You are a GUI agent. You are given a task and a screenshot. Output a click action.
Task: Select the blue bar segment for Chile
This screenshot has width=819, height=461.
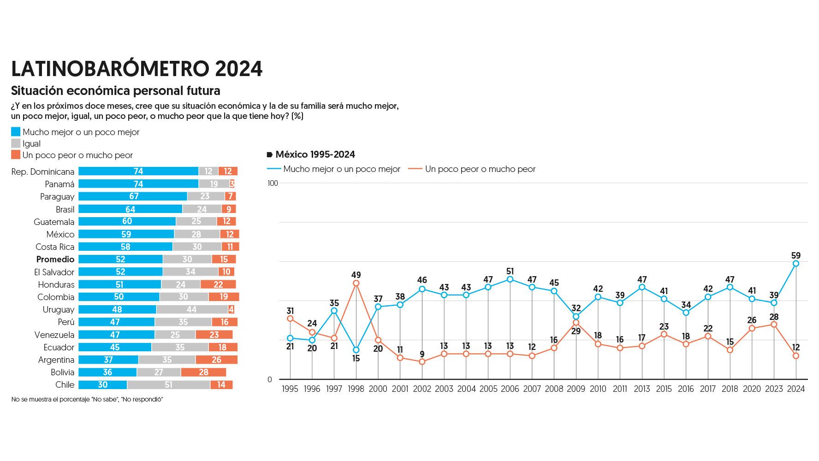[102, 384]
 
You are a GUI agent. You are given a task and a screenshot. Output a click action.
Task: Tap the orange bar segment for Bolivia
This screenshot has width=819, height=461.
[203, 372]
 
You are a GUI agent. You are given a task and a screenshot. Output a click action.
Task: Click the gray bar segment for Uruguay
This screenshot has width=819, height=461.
[192, 309]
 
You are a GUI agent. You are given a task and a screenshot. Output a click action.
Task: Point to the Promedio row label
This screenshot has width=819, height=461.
[55, 259]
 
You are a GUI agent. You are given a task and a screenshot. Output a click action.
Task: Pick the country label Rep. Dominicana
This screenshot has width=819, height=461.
[42, 171]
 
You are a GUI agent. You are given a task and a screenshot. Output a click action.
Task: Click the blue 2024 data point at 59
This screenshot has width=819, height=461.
[796, 264]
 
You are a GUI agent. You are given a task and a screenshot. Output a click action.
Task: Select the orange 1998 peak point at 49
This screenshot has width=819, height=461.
[356, 284]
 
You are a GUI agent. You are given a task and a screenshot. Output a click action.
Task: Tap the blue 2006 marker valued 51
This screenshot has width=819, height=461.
[510, 279]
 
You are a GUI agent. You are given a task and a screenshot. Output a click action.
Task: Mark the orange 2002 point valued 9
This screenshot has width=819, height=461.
[422, 362]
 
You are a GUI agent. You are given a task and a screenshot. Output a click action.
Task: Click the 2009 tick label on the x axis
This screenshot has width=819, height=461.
[576, 389]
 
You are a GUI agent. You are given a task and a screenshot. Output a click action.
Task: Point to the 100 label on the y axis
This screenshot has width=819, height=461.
[273, 183]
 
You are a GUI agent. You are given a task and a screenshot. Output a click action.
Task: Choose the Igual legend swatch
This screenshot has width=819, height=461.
[16, 143]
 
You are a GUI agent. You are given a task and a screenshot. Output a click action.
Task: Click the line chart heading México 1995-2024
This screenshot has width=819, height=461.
[315, 154]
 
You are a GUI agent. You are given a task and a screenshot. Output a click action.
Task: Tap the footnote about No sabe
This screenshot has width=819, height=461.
[87, 399]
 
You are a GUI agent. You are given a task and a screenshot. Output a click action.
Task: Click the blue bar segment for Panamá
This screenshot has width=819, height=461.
[138, 184]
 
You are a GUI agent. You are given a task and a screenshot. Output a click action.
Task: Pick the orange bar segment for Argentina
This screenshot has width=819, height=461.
[216, 360]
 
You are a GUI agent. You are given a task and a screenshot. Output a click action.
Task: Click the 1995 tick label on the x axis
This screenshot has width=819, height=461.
[290, 389]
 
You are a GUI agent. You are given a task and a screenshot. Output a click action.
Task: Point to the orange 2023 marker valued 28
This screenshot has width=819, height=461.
[774, 325]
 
